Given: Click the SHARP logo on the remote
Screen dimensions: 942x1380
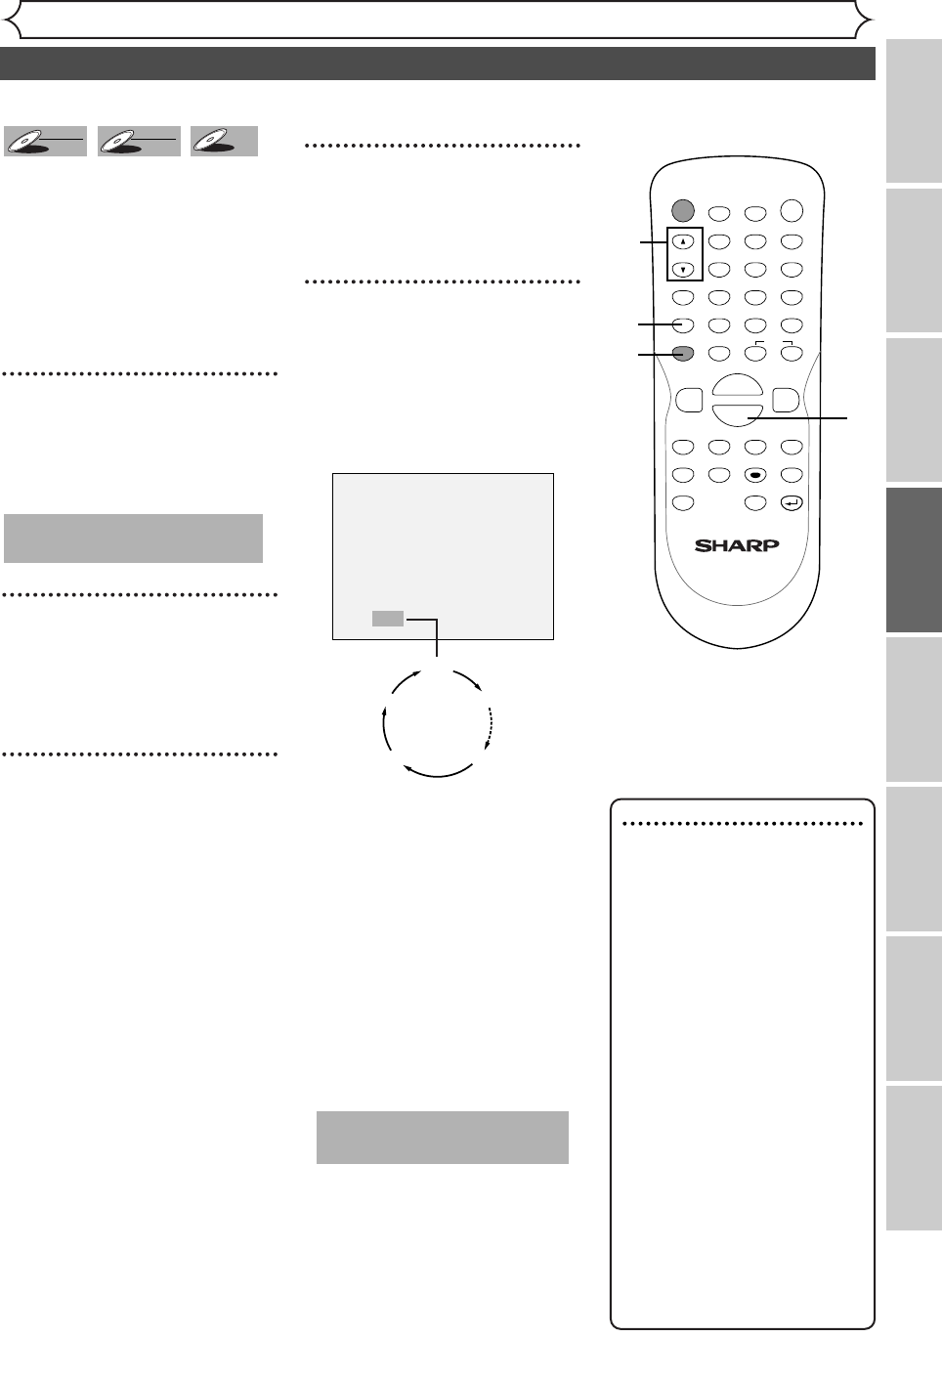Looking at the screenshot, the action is pos(737,545).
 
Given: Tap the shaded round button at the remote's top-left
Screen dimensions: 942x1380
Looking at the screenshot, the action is pos(683,209).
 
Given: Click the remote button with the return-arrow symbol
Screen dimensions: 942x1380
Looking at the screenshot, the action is pos(792,503).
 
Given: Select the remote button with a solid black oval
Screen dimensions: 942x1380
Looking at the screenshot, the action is pos(754,475).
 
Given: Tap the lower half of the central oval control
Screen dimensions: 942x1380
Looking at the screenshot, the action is pos(738,414).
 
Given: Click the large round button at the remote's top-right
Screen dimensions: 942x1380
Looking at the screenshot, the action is pos(792,209).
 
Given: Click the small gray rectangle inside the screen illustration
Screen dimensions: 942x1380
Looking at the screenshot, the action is pos(387,619).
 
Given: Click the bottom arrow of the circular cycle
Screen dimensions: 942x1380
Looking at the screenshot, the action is pos(438,771).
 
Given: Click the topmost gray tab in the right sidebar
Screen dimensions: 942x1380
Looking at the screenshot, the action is pos(915,110).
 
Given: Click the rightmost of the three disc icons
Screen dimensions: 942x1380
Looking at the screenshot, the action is pos(224,142).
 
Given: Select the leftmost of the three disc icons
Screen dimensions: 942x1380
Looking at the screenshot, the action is pos(45,142).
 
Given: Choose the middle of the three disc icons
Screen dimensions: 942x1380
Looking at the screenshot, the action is pos(139,142).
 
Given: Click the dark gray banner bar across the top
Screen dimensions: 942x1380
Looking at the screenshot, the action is pos(437,64).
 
